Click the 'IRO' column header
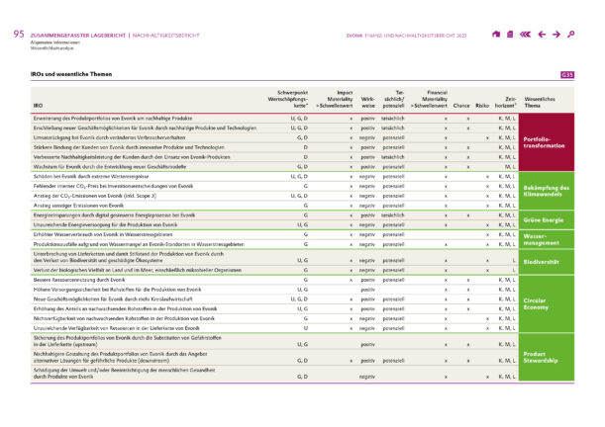pos(38,104)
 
